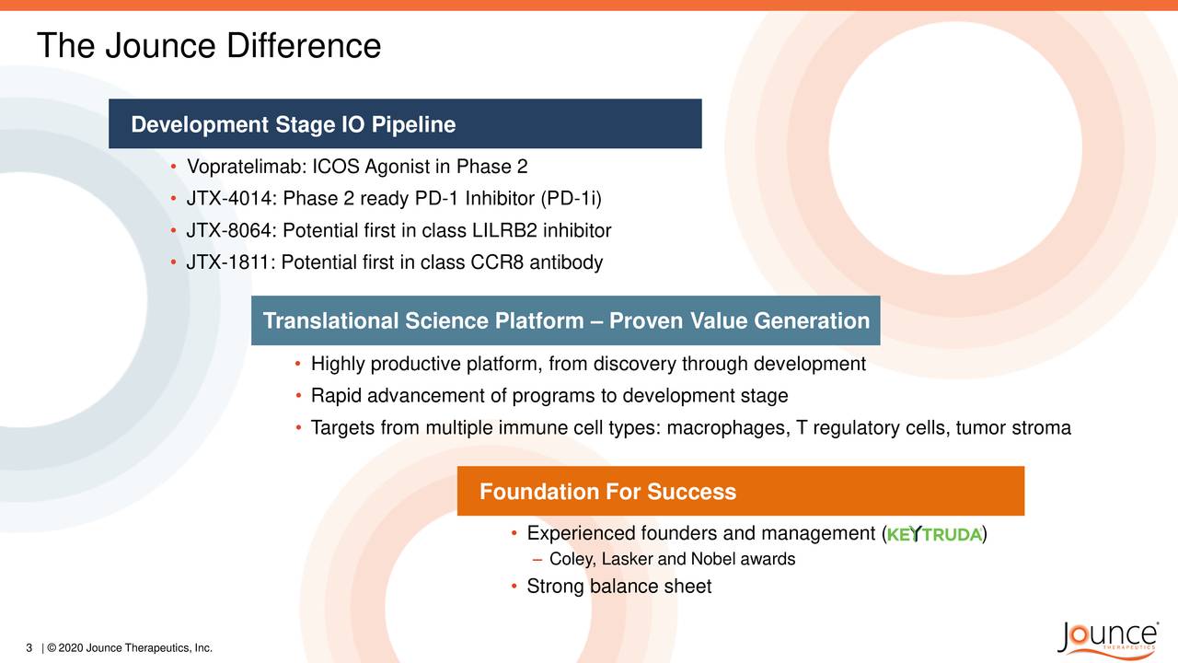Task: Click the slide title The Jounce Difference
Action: tap(208, 46)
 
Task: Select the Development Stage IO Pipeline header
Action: tap(293, 124)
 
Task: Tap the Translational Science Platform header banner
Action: tap(565, 320)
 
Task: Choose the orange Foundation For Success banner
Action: tap(740, 492)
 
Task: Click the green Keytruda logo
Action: tap(934, 536)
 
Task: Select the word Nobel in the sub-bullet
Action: tap(713, 560)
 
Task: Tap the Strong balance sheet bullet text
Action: tap(618, 587)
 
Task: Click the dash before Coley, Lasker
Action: tap(537, 560)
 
